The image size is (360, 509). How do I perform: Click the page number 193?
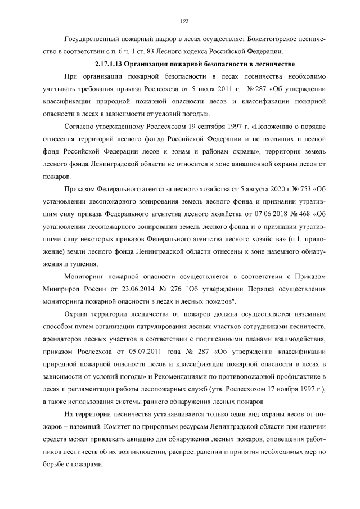coord(183,21)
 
